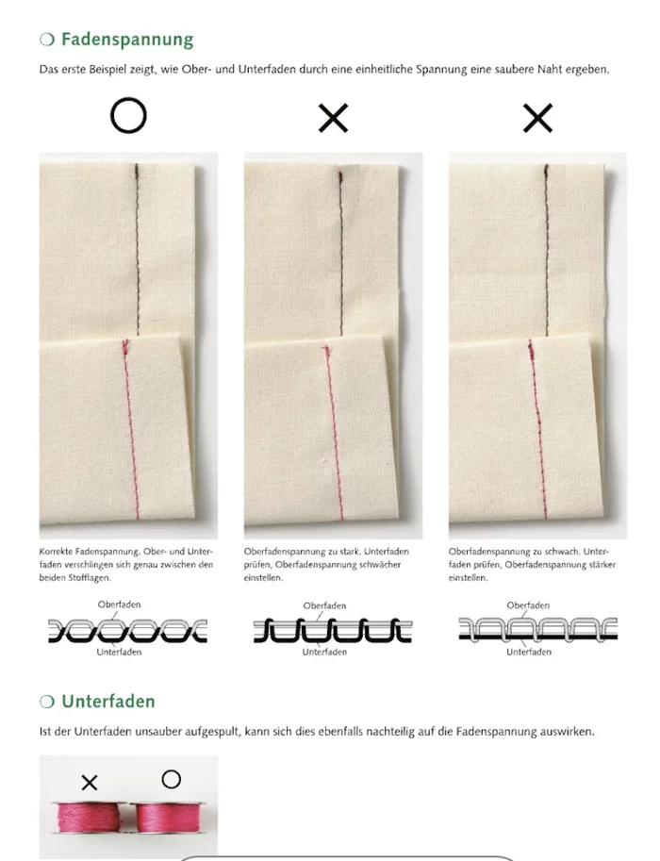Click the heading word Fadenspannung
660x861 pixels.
[127, 40]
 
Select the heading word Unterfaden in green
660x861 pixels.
[108, 702]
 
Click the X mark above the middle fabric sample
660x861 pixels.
[333, 118]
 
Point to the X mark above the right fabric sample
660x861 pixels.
[537, 118]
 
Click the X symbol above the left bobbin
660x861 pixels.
[90, 783]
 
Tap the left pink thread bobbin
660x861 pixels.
[90, 817]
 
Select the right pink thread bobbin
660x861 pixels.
[167, 817]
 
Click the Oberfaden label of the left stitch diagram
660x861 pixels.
[119, 604]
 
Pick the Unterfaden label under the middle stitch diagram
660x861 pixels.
[324, 652]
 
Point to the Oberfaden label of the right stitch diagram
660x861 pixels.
[528, 605]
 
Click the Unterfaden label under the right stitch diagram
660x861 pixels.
[529, 652]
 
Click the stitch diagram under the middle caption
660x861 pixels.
[333, 630]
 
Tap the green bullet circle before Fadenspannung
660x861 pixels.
[47, 40]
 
